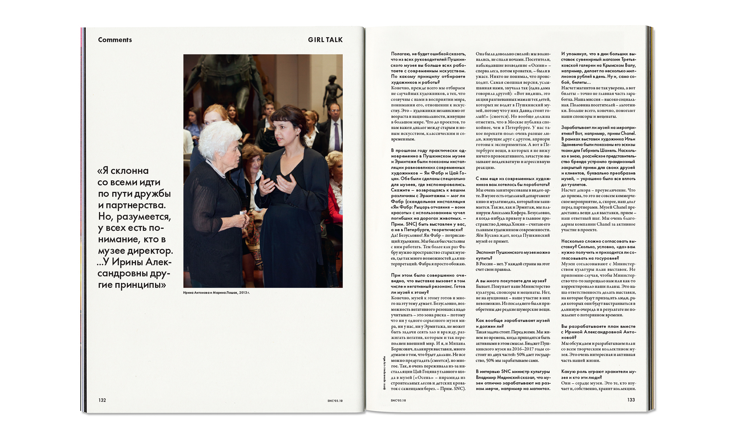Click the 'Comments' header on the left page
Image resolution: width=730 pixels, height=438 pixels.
point(115,40)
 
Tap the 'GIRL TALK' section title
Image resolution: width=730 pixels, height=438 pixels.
point(325,40)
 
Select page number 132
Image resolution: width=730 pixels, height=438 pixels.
point(102,400)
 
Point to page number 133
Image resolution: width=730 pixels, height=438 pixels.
point(631,400)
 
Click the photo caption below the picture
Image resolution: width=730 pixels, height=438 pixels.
point(216,293)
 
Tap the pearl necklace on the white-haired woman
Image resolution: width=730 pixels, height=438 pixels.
point(217,169)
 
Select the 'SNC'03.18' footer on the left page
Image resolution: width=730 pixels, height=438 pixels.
point(335,401)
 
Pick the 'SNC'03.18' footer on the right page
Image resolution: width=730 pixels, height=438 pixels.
point(398,401)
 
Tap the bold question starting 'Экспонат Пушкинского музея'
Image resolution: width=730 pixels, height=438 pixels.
point(513,255)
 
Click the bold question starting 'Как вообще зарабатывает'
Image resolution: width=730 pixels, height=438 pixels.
point(513,323)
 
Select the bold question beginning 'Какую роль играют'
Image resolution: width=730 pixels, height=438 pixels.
point(598,375)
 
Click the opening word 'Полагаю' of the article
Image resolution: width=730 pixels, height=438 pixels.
point(400,54)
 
